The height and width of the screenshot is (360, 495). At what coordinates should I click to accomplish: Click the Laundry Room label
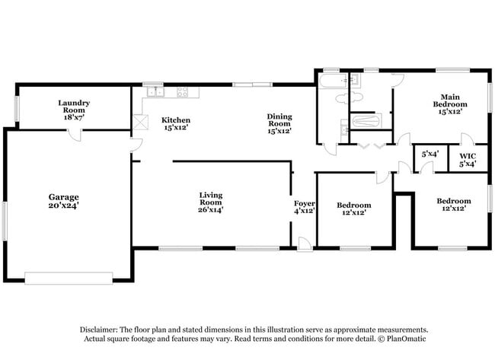[x=75, y=107]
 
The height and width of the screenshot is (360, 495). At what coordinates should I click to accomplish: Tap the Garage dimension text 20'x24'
[x=65, y=205]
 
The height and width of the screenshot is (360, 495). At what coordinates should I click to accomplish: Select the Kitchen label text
[x=176, y=120]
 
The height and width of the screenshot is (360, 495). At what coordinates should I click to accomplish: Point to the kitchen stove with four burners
[x=183, y=92]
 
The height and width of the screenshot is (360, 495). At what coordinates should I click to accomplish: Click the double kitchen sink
[x=155, y=92]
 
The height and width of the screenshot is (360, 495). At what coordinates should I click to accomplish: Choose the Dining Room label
[x=279, y=120]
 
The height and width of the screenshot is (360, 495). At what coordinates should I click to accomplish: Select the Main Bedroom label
[x=446, y=99]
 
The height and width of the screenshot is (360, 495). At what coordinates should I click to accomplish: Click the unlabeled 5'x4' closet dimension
[x=430, y=154]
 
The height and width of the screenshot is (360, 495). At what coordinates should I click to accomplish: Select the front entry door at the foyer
[x=304, y=244]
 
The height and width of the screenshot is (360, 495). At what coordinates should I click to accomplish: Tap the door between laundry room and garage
[x=74, y=134]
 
